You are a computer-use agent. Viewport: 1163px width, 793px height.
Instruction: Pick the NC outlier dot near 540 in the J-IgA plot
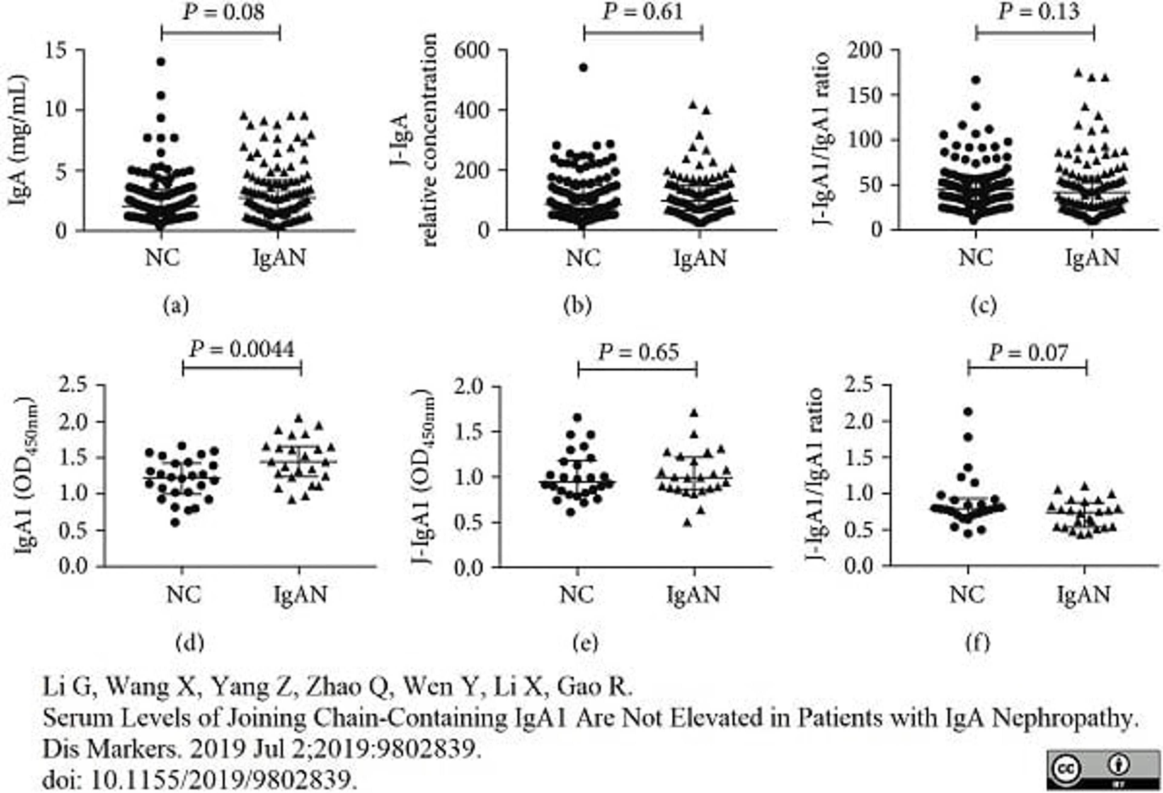[584, 68]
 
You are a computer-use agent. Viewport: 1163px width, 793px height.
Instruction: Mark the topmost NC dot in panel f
[968, 412]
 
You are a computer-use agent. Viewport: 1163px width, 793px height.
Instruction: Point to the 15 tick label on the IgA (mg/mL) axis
[55, 51]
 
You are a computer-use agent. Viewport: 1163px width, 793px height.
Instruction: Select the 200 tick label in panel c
[864, 51]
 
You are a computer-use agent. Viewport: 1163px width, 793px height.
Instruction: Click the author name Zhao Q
[347, 687]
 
